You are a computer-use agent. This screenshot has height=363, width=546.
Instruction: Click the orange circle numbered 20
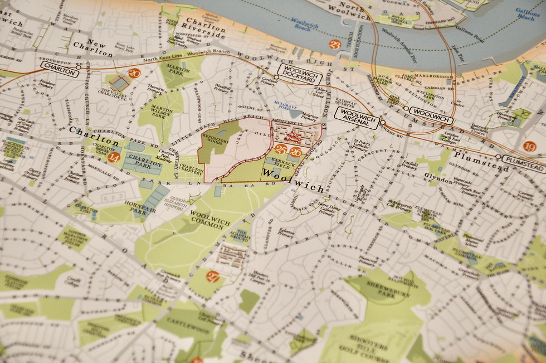(134, 73)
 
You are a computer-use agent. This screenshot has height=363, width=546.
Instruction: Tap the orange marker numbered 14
(114, 158)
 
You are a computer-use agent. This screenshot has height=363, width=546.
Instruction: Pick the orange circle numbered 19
(529, 147)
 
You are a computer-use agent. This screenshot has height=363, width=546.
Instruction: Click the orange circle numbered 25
(281, 149)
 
